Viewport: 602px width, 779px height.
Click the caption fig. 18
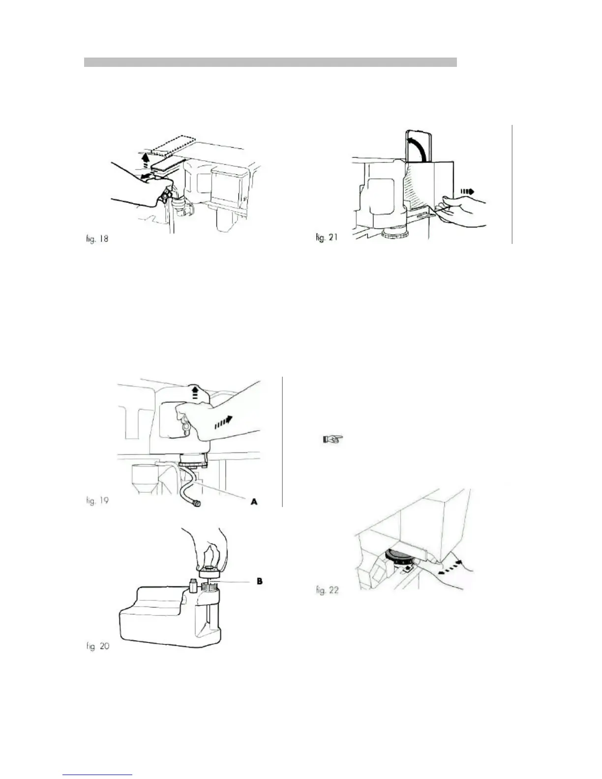coord(95,240)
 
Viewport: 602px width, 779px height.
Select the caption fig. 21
coord(327,238)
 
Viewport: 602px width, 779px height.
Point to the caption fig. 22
coord(327,590)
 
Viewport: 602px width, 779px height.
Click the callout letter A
coord(254,502)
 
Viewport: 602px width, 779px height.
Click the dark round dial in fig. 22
coord(401,558)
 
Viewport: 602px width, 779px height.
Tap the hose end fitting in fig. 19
coord(197,504)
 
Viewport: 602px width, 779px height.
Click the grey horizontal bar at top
coord(270,62)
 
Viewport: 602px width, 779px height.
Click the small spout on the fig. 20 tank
coord(192,585)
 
